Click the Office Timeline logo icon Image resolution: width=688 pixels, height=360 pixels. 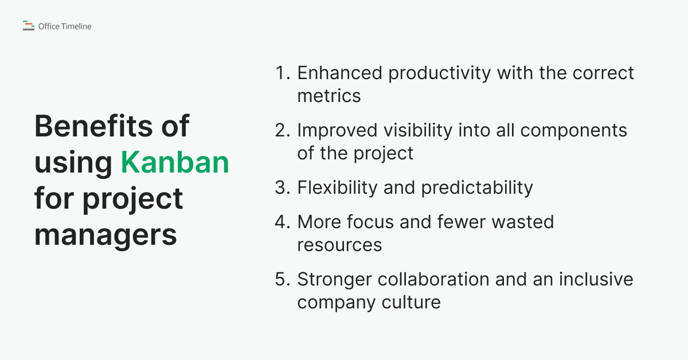(28, 26)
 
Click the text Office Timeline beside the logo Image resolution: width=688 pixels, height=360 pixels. (65, 26)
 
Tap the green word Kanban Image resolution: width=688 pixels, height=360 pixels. (175, 162)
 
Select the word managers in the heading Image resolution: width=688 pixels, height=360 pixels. (105, 234)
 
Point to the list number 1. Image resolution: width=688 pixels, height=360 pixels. (282, 73)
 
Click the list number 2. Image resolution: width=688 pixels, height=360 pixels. (282, 131)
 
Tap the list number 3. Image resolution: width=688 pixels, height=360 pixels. (282, 188)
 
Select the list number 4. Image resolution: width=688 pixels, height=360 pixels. (282, 222)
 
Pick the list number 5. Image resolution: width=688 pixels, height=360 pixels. (282, 280)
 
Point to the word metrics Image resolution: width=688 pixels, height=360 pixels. (329, 96)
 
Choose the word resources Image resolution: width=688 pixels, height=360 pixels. (339, 245)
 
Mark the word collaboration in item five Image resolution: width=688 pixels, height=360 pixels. (422, 280)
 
